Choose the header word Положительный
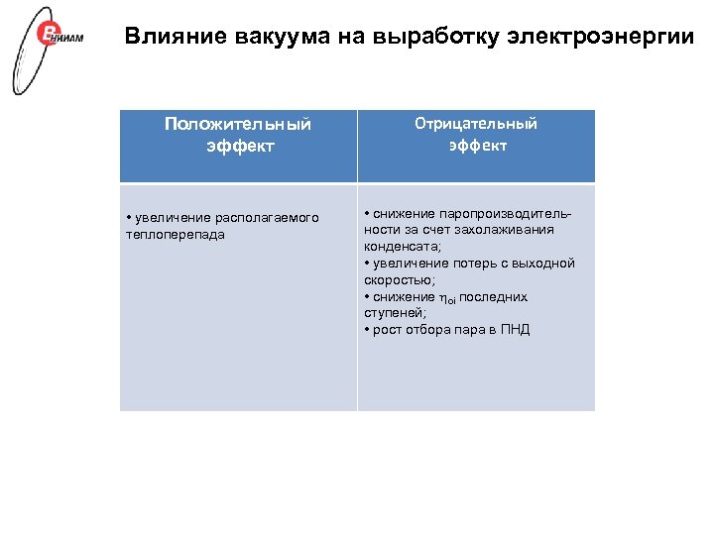[238, 124]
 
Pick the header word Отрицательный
[476, 124]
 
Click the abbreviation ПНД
[515, 330]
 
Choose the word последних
[493, 297]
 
